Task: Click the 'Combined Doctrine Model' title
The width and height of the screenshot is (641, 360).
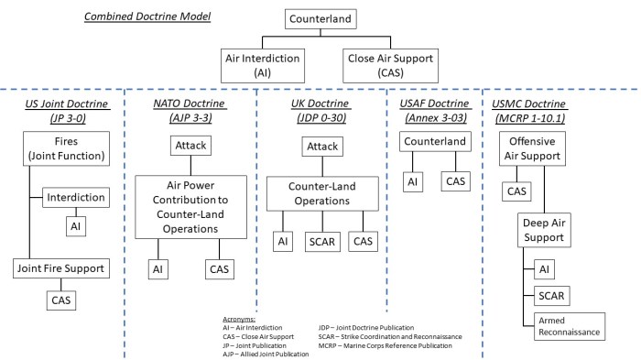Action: coord(147,18)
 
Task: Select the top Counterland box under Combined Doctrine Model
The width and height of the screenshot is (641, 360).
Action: coord(320,18)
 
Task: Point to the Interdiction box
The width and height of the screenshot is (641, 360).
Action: coord(75,198)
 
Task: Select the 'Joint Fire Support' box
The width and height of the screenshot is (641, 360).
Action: coord(60,268)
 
